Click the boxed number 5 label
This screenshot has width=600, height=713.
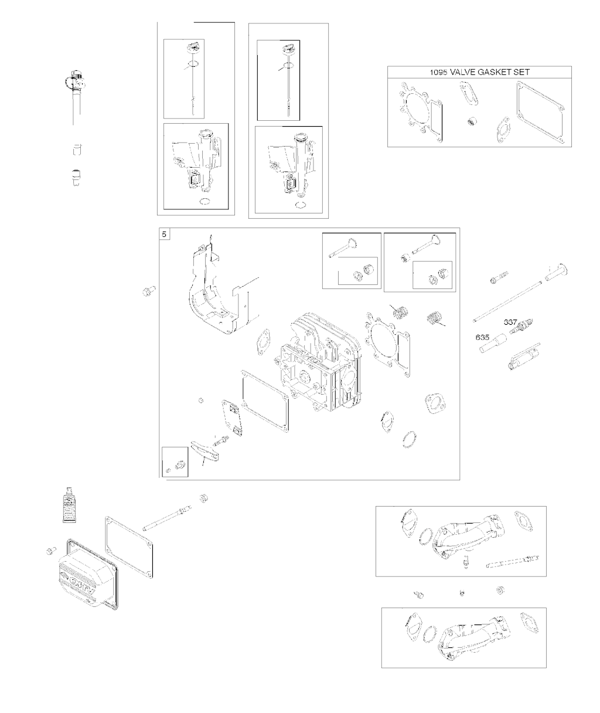(165, 235)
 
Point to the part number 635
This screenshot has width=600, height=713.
(482, 338)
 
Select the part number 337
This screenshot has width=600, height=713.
(511, 322)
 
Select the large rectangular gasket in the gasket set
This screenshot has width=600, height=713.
(540, 111)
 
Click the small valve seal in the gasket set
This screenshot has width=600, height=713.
(471, 123)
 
